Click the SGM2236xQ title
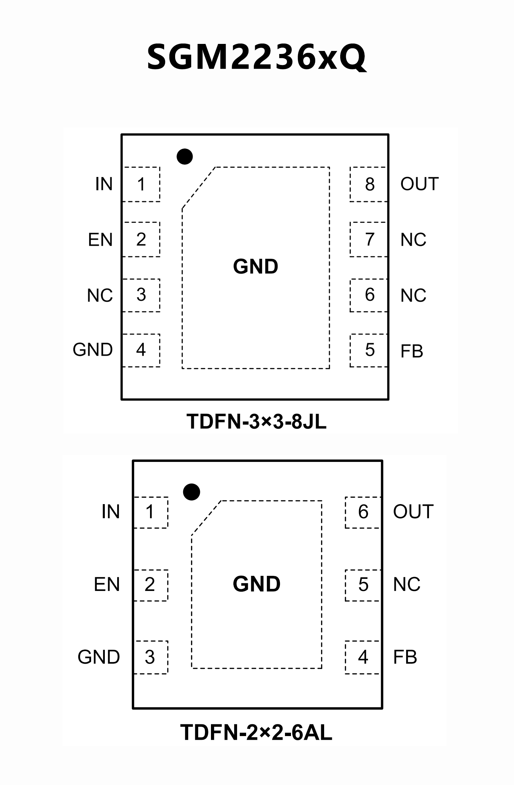tap(256, 57)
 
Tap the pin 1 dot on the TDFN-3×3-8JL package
tap(185, 157)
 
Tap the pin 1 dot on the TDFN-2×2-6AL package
tap(192, 492)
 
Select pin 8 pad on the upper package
tap(369, 184)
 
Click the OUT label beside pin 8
tap(419, 184)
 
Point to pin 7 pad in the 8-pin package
tap(369, 239)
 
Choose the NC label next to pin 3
tap(100, 295)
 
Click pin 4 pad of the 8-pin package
tap(141, 350)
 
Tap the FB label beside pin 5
tap(412, 351)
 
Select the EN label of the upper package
tap(100, 240)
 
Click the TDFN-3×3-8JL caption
tap(256, 421)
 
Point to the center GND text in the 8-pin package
tap(255, 266)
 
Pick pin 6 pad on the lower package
tap(363, 512)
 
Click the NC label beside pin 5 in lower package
tap(407, 584)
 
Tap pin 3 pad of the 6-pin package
tap(150, 657)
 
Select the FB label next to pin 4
tap(405, 657)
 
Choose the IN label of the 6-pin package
tap(111, 512)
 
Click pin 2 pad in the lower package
tap(150, 585)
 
